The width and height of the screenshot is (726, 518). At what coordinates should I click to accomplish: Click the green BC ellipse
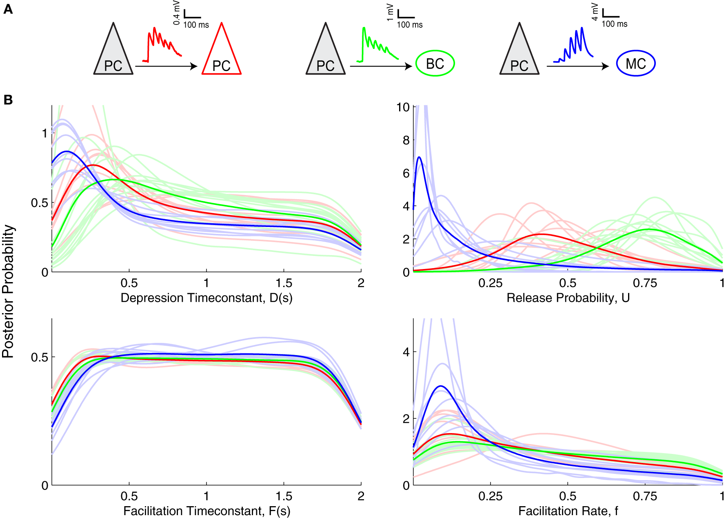[435, 64]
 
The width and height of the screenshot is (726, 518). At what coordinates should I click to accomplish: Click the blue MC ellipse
[635, 64]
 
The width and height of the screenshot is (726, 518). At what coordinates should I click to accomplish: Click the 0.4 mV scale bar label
[177, 13]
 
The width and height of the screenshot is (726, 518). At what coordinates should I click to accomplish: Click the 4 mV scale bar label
[595, 12]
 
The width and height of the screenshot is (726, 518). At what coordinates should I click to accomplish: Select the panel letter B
[8, 100]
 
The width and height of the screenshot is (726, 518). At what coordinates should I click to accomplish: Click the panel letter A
[8, 9]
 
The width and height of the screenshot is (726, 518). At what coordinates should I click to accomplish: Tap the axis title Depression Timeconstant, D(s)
[206, 298]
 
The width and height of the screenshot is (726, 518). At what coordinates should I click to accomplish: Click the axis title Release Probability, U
[568, 298]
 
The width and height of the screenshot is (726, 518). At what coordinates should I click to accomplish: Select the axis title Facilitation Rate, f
[568, 511]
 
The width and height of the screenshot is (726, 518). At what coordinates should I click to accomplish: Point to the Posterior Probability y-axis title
[8, 291]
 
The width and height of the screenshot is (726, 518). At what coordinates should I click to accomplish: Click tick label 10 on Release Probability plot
[403, 107]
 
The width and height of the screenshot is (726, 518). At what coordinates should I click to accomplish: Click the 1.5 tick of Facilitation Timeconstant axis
[284, 496]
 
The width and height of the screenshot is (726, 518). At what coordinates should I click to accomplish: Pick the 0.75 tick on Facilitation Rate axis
[645, 496]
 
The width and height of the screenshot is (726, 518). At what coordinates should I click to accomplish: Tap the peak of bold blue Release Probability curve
[419, 157]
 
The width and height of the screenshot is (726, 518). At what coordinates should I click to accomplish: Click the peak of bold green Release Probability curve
[649, 229]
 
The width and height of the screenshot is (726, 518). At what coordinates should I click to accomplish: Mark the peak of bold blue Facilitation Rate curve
[441, 386]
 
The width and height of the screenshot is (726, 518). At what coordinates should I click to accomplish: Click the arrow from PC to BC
[380, 66]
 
